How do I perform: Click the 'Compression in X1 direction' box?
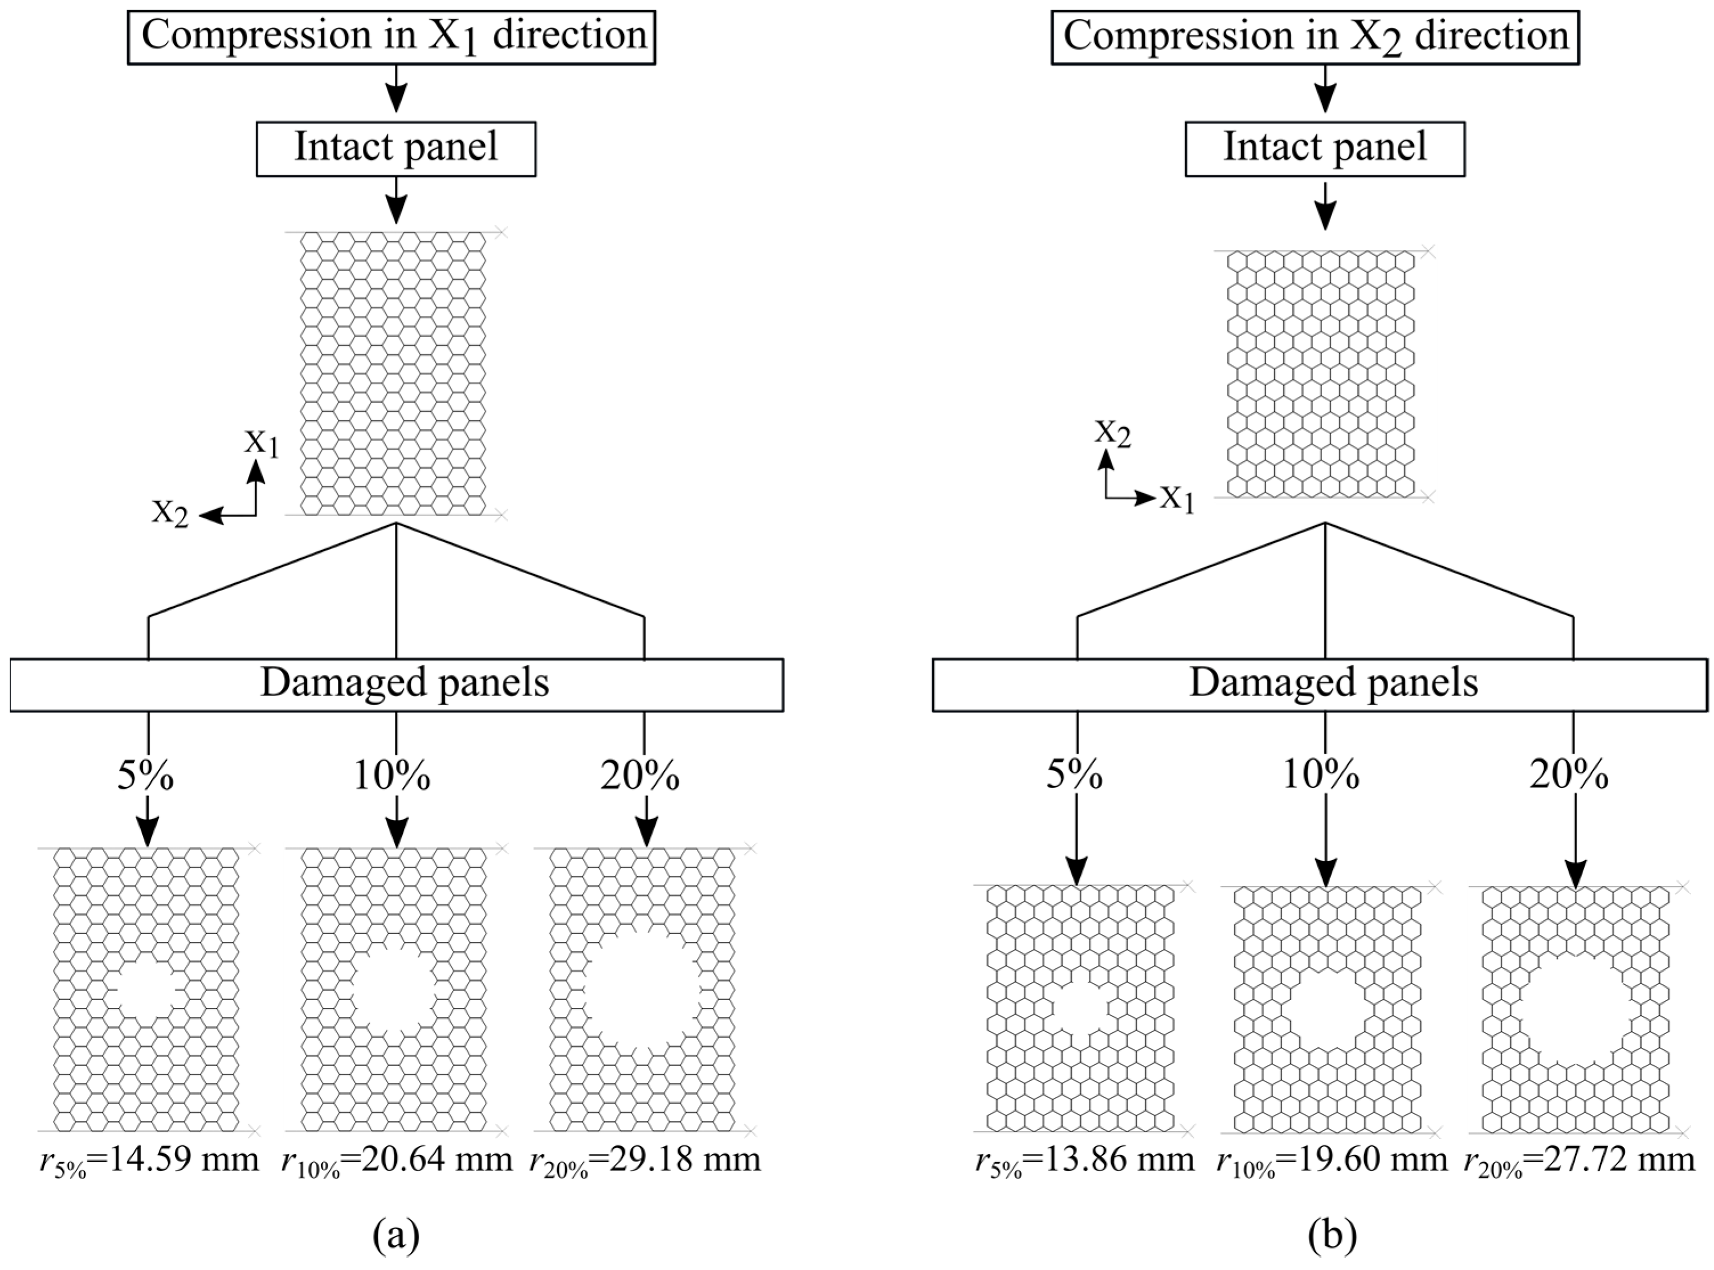coord(391,37)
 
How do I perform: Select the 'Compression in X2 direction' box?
coord(1315,37)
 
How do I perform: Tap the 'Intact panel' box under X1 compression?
coord(396,149)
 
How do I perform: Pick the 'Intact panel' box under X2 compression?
coord(1324,149)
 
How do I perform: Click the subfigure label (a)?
coord(396,1235)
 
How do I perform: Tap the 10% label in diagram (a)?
coord(392,776)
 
